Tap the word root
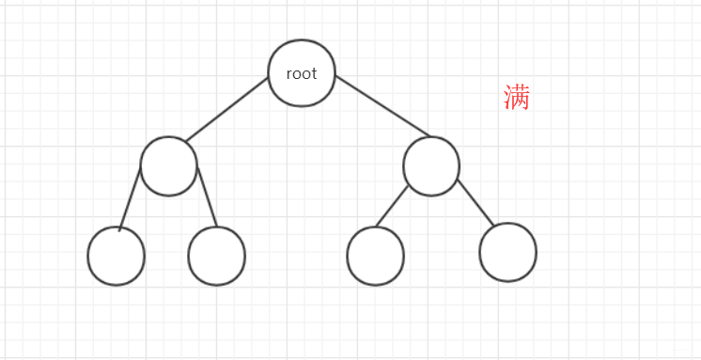coord(302,73)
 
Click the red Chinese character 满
coord(517,97)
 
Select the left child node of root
coord(168,165)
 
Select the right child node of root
coord(431,166)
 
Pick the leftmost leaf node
coord(116,256)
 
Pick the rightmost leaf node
coord(507,252)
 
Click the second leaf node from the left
coord(216,256)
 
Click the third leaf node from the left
coord(375,256)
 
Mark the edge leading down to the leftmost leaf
coord(131,199)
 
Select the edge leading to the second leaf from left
coord(206,200)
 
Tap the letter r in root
coord(288,74)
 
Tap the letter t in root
coord(314,73)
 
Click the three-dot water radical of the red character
coord(507,98)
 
